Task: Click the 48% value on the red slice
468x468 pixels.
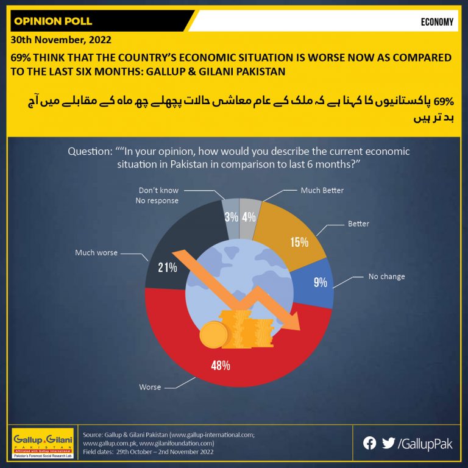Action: click(221, 366)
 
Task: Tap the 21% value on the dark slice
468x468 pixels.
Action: click(168, 268)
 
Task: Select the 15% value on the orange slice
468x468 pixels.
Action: click(299, 242)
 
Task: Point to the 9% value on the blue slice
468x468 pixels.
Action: click(321, 282)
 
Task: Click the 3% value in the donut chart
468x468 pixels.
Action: click(232, 217)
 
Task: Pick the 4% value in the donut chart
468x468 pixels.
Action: click(249, 217)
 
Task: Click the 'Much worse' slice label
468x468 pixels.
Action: click(96, 253)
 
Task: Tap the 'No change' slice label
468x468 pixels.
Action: click(386, 277)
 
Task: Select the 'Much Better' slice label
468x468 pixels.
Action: click(322, 190)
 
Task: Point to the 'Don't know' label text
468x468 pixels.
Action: click(158, 190)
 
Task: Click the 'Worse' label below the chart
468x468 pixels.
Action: click(150, 387)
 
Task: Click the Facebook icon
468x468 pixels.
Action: click(369, 443)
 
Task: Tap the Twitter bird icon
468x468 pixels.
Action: click(388, 443)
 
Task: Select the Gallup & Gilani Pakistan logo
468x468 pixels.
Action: click(43, 443)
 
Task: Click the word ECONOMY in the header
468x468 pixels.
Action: click(437, 22)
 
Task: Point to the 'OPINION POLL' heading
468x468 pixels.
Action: click(53, 21)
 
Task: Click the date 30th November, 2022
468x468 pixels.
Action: click(61, 40)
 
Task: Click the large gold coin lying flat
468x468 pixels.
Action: click(214, 335)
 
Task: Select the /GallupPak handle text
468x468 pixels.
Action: click(425, 444)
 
